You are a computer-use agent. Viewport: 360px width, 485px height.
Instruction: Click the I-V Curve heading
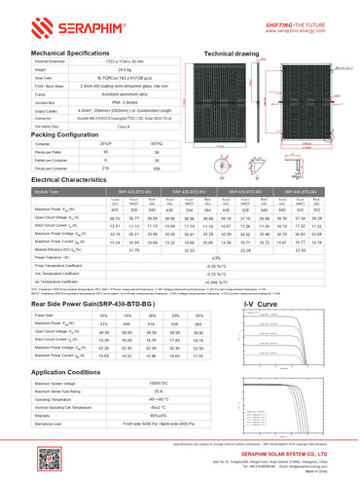pyautogui.click(x=259, y=306)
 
